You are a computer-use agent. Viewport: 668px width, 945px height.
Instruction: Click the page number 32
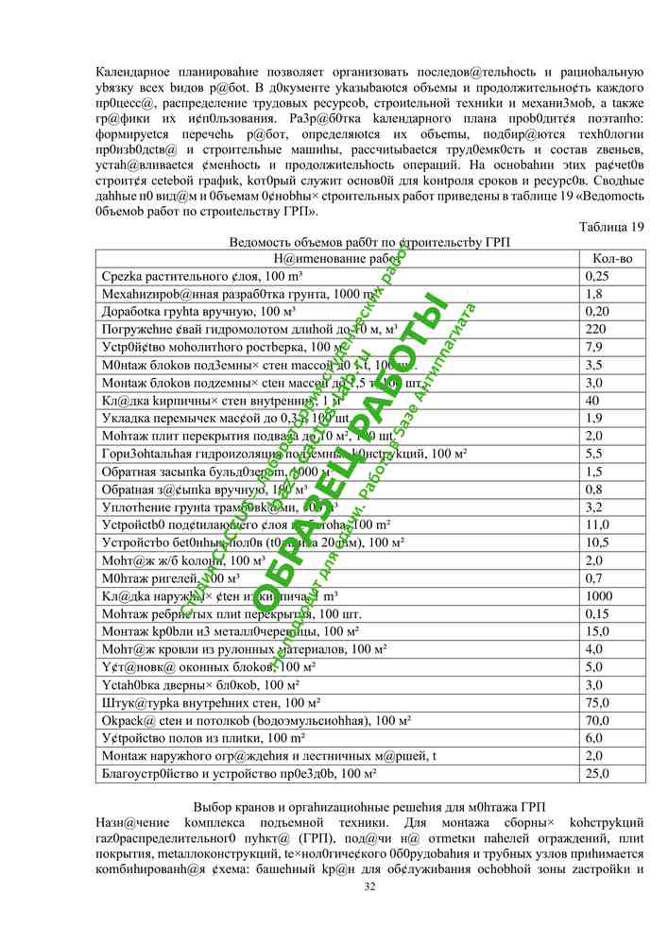click(369, 885)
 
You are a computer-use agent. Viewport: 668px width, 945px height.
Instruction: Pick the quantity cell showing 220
click(594, 329)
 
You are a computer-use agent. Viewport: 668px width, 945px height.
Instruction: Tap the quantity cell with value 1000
click(599, 595)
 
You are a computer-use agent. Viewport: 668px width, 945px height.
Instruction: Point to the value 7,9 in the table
click(593, 347)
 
